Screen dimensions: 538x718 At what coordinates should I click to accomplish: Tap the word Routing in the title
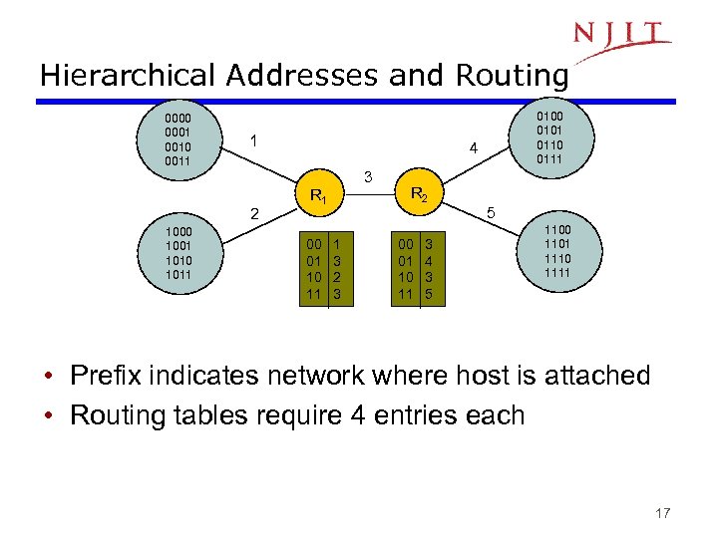click(512, 76)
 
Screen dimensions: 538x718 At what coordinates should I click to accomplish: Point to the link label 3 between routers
click(368, 177)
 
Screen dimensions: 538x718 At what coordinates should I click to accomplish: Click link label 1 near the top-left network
click(254, 141)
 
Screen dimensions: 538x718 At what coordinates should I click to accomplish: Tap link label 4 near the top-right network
click(474, 149)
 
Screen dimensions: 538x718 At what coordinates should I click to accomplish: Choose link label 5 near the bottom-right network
click(490, 213)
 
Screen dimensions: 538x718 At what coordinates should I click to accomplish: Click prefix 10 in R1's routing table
click(314, 279)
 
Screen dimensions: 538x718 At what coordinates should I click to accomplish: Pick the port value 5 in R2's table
click(429, 295)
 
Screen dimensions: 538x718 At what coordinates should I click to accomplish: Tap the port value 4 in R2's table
click(429, 262)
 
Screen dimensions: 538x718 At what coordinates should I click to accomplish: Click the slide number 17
click(663, 513)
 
